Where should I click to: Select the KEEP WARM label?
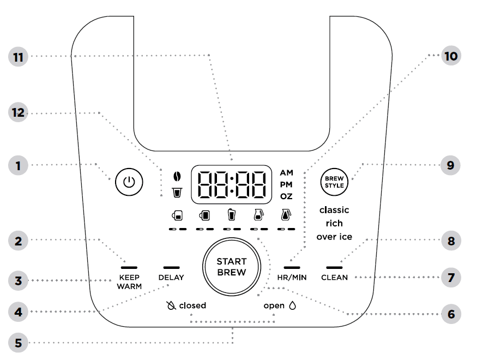pyautogui.click(x=129, y=281)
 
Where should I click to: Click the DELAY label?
pyautogui.click(x=171, y=277)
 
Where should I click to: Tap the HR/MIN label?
pyautogui.click(x=291, y=278)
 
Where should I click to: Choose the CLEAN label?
pyautogui.click(x=334, y=278)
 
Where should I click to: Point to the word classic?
pyautogui.click(x=334, y=210)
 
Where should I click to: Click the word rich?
pyautogui.click(x=334, y=223)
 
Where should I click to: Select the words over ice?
pyautogui.click(x=334, y=237)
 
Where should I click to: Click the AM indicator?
pyautogui.click(x=287, y=173)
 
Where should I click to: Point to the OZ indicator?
pyautogui.click(x=287, y=196)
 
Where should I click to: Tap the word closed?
pyautogui.click(x=192, y=305)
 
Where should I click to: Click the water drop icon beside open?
pyautogui.click(x=292, y=305)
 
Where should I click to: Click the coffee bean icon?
pyautogui.click(x=176, y=176)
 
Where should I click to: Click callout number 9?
pyautogui.click(x=450, y=165)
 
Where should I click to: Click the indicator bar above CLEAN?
pyautogui.click(x=334, y=267)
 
